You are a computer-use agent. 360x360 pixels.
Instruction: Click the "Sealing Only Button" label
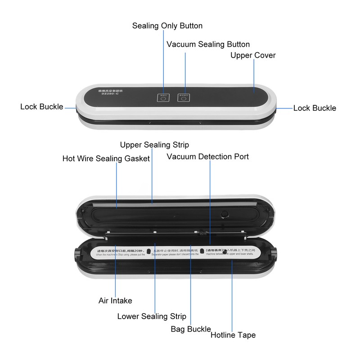click(167, 26)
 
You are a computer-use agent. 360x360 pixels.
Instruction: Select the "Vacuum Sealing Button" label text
click(208, 45)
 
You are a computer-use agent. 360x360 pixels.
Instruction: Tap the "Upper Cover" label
click(253, 55)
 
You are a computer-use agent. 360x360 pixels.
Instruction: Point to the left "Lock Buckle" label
click(42, 107)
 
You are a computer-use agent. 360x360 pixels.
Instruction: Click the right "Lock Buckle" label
click(315, 108)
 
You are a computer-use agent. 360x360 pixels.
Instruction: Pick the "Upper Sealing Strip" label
click(154, 145)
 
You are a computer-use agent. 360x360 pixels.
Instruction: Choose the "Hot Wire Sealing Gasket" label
click(106, 158)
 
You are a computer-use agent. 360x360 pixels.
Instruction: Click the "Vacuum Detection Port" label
click(207, 157)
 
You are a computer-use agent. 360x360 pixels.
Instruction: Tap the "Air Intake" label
click(115, 301)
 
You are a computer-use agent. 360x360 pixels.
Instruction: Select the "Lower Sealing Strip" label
click(152, 316)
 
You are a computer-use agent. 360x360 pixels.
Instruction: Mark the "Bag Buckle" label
click(191, 329)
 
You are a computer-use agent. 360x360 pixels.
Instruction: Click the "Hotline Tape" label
click(233, 335)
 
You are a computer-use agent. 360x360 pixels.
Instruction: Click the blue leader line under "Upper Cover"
click(254, 74)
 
